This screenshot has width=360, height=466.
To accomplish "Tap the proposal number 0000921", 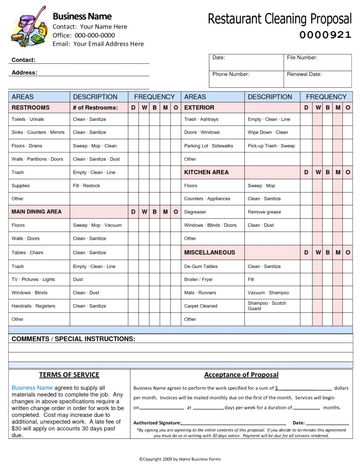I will (x=325, y=35).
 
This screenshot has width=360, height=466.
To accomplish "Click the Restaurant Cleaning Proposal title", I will (x=279, y=19).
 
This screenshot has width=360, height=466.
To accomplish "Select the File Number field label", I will (x=302, y=58).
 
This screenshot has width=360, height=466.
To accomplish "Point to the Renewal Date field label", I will (x=304, y=74).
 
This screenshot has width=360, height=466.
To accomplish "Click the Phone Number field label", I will (x=231, y=74).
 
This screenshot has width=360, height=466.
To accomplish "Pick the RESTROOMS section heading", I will (x=31, y=108).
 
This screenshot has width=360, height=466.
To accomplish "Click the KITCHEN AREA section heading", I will (x=206, y=172).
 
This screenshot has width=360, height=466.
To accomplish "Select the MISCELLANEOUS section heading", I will (x=210, y=253).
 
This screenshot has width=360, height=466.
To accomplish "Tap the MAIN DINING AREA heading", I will (x=37, y=212).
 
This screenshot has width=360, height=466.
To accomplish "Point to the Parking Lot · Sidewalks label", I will (x=208, y=146).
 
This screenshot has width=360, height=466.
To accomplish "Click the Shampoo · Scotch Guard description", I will (x=266, y=306).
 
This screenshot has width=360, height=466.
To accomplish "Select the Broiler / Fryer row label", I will (x=198, y=280).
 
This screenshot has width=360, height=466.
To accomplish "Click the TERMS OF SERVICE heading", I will (x=69, y=375).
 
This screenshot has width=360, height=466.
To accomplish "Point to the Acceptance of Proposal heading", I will (x=241, y=375).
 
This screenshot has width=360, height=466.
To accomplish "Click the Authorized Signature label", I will (x=157, y=423).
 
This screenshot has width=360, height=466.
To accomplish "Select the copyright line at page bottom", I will (x=180, y=459).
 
